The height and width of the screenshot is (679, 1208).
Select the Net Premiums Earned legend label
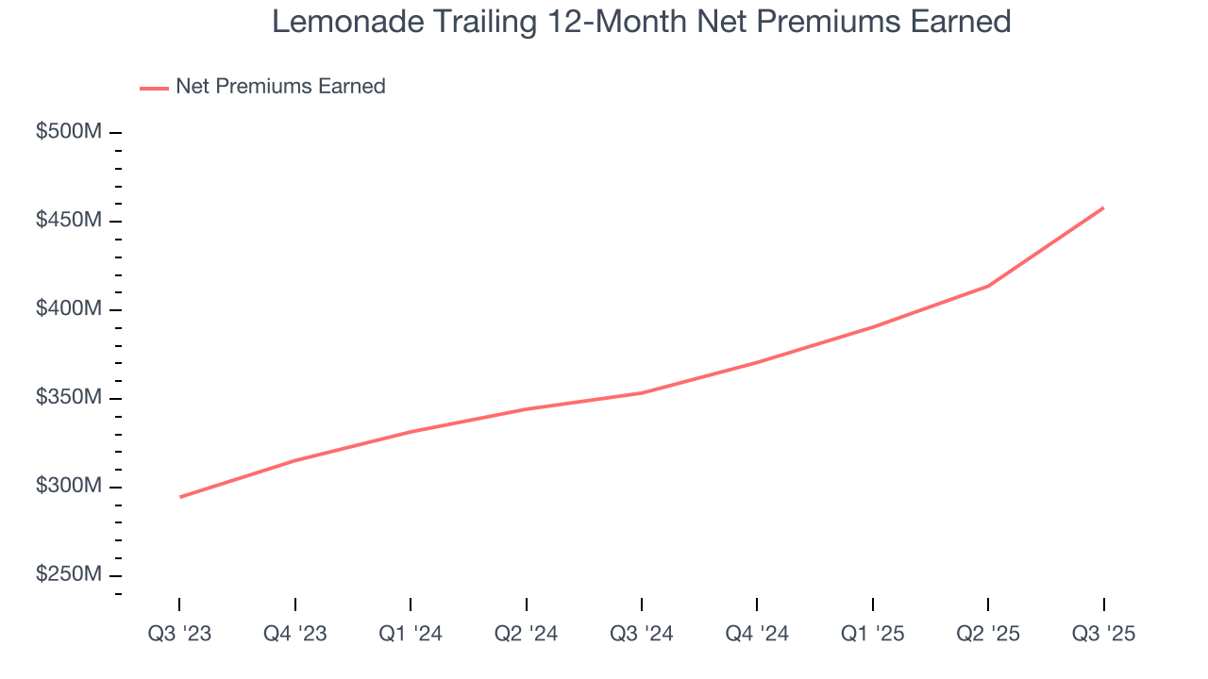pos(280,87)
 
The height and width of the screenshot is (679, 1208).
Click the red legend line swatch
pos(154,88)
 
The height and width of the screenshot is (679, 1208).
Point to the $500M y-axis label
pos(68,132)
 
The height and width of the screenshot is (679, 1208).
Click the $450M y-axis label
pos(68,221)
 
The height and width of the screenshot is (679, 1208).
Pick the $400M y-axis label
pos(68,309)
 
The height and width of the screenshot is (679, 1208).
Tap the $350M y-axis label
pos(68,398)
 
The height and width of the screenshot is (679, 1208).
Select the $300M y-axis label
pos(68,487)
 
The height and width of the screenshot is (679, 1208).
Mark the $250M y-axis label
pos(68,575)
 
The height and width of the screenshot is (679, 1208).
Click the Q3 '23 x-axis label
pos(179,635)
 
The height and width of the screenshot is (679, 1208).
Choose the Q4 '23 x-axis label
pos(295,635)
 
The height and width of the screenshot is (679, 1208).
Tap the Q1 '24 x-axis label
pos(411,635)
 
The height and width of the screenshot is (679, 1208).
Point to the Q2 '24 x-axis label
pos(527,635)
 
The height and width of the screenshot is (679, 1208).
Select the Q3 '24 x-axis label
pos(642,635)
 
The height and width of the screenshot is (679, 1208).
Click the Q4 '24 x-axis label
pos(757,635)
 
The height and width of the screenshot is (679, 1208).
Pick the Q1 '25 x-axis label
pos(873,635)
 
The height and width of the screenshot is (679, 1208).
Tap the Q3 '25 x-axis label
pos(1103,635)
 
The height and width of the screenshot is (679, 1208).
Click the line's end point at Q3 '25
pos(1103,207)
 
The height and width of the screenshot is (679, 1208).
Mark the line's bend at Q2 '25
pos(988,286)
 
